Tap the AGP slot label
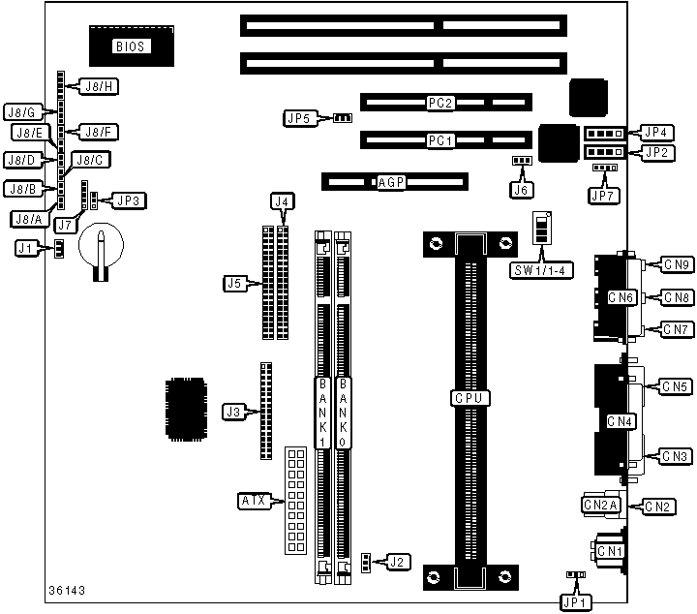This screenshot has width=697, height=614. point(391,182)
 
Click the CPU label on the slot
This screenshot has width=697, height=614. point(470,397)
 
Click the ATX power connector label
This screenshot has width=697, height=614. point(254,501)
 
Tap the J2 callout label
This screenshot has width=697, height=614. point(397,560)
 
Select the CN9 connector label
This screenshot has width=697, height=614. point(677,263)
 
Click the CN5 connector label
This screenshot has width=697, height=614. point(676,386)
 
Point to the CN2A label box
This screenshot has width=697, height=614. point(596,504)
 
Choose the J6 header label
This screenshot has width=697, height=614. point(523,190)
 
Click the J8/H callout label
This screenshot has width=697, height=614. point(102,87)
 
